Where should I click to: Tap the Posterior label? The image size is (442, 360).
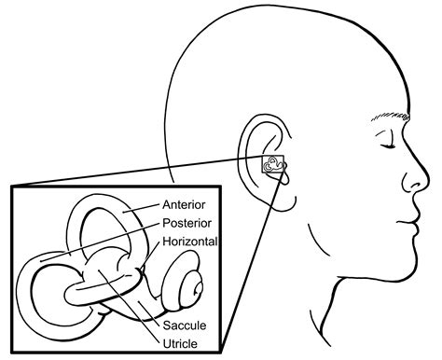[186, 224]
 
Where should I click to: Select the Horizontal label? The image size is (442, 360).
[189, 241]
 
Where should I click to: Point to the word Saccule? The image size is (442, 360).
[183, 325]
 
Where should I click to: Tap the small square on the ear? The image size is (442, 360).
[273, 165]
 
